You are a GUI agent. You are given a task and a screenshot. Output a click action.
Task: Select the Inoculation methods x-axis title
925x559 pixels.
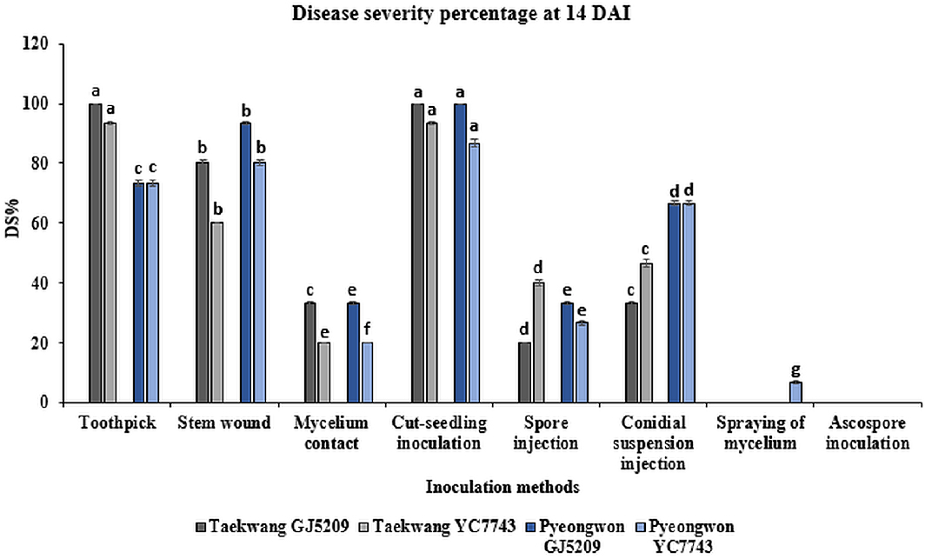[x=492, y=487]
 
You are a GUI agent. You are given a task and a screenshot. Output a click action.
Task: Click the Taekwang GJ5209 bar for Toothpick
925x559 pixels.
[x=96, y=253]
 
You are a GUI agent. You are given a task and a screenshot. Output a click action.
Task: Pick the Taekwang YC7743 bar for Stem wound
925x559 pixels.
[x=216, y=312]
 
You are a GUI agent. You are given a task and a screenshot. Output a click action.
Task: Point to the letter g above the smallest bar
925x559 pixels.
[x=795, y=369]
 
